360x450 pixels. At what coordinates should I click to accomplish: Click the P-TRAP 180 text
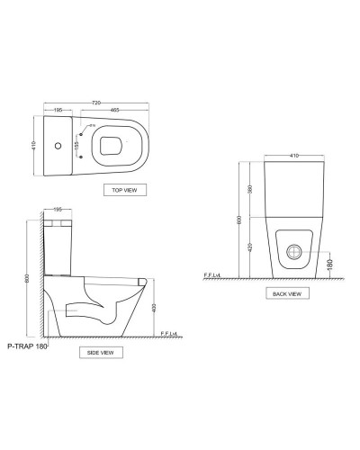(27, 345)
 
